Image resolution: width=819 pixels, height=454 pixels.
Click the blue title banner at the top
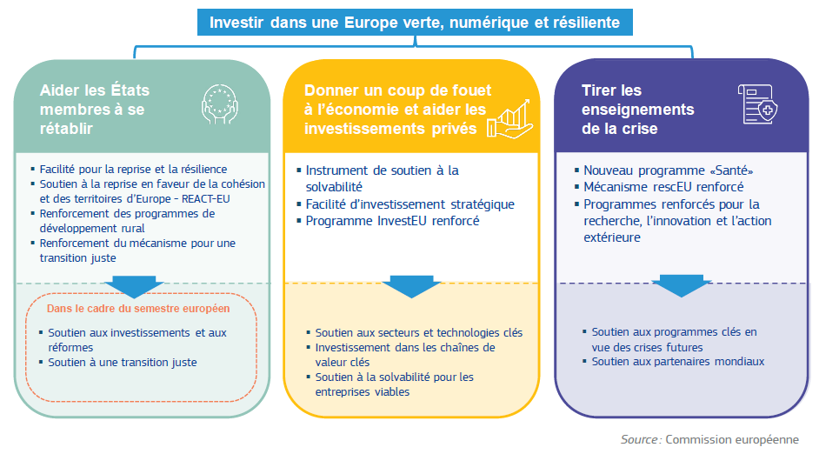[415, 23]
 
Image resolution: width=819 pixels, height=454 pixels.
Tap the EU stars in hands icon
[220, 104]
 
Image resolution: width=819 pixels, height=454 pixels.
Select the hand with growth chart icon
[509, 120]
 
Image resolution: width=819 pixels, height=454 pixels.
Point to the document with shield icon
[758, 104]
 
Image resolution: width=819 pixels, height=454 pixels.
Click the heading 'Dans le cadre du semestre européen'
[138, 309]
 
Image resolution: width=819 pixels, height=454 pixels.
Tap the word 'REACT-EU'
[206, 199]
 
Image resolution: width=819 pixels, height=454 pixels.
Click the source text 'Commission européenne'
[732, 440]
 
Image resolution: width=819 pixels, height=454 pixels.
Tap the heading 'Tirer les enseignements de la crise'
[638, 110]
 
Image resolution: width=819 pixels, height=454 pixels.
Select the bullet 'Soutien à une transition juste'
[123, 363]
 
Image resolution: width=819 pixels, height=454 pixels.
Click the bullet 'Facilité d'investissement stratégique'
[410, 204]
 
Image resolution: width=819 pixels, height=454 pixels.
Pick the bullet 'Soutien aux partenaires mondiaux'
[678, 362]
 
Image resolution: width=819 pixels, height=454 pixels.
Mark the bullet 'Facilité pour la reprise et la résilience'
[133, 170]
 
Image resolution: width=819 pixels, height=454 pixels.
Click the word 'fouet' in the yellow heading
[471, 90]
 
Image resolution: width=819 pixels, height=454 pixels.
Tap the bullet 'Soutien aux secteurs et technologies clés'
[419, 333]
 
